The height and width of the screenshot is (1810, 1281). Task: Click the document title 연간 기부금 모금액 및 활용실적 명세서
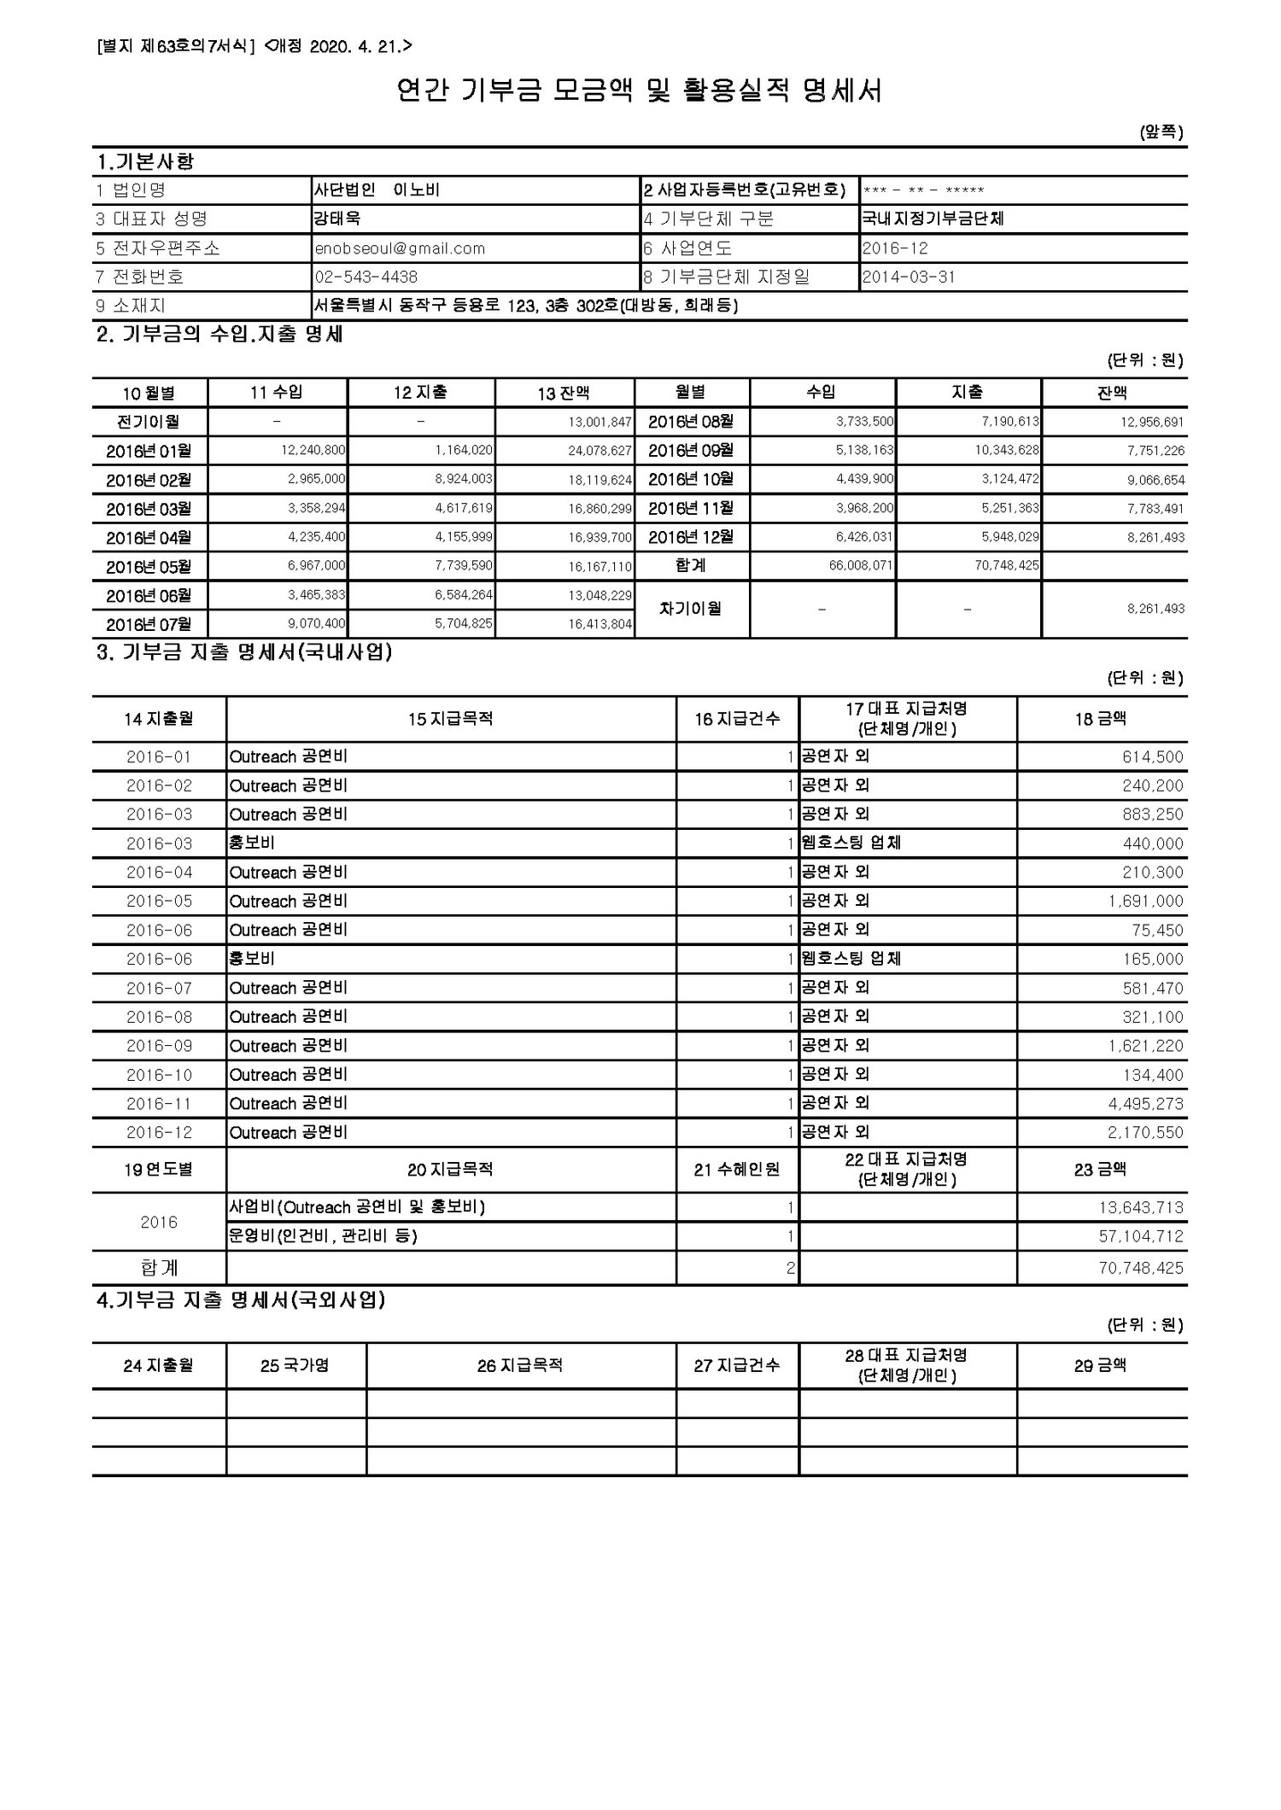[x=639, y=90]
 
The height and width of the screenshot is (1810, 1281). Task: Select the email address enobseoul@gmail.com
[x=400, y=248]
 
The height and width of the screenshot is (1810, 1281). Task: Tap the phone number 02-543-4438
[x=366, y=277]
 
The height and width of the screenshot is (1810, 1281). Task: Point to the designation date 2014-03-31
[x=909, y=277]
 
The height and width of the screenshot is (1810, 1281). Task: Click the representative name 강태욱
[x=337, y=219]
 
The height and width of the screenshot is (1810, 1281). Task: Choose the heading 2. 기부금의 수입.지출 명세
[x=220, y=335]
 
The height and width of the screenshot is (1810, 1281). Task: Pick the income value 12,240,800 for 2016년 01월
[x=313, y=450]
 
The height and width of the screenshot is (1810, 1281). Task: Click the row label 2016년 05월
[x=149, y=567]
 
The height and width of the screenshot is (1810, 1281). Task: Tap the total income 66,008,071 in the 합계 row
[x=861, y=565]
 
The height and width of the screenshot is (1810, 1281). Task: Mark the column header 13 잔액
[x=564, y=393]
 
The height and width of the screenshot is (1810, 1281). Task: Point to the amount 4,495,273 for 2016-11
[x=1145, y=1104]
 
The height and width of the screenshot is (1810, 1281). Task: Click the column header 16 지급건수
[x=737, y=719]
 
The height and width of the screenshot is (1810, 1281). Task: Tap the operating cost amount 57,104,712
[x=1141, y=1236]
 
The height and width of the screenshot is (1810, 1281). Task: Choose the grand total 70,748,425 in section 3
[x=1141, y=1268]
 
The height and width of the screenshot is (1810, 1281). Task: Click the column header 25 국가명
[x=295, y=1366]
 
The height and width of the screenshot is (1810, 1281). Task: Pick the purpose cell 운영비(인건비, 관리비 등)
[x=323, y=1236]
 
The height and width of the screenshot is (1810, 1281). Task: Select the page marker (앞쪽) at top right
[x=1161, y=132]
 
